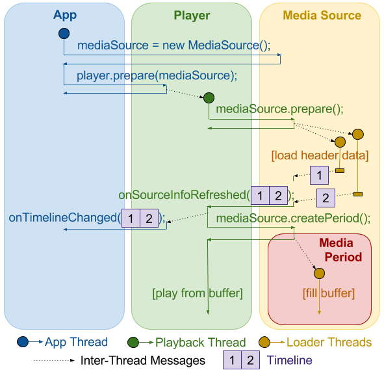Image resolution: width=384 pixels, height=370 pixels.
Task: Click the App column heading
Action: click(64, 15)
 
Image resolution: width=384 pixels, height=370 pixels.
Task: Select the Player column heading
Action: click(192, 15)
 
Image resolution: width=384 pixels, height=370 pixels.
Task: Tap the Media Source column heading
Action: click(322, 15)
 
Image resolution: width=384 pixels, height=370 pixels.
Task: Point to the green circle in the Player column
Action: click(209, 98)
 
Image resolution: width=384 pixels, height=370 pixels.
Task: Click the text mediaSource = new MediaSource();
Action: click(173, 46)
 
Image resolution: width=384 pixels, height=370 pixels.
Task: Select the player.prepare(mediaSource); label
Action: click(157, 75)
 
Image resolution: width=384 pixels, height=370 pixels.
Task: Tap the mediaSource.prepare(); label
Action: click(279, 109)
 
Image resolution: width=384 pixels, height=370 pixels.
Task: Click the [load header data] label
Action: click(320, 155)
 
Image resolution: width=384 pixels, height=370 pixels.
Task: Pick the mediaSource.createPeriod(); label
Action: click(293, 218)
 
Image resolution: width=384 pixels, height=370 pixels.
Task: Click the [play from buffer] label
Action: click(198, 293)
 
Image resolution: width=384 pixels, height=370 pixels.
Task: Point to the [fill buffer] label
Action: click(329, 293)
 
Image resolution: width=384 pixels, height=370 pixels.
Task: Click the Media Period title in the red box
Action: click(336, 250)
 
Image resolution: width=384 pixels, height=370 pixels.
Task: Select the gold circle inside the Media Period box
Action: click(319, 274)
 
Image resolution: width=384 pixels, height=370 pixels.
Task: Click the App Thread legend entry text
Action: click(76, 342)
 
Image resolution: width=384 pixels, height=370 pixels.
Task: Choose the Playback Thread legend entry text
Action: click(200, 342)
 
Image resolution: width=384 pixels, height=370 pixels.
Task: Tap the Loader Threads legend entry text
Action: click(329, 342)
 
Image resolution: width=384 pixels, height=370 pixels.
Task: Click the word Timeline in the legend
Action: click(289, 360)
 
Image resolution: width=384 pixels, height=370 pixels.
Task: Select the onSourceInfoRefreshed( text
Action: click(184, 194)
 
